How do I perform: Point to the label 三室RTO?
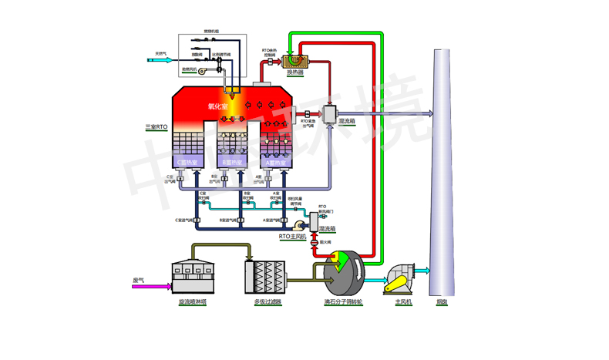(156, 125)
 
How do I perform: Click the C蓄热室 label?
(187, 163)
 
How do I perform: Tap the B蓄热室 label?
(230, 163)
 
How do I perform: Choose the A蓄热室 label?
(274, 163)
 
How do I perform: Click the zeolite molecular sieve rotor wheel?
(345, 271)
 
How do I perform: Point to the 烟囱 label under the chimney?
(442, 302)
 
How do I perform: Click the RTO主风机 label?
(292, 237)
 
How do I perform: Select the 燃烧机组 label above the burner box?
(211, 32)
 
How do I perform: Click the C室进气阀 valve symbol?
(196, 220)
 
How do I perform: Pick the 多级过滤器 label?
(264, 302)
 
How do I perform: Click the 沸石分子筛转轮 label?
(343, 302)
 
